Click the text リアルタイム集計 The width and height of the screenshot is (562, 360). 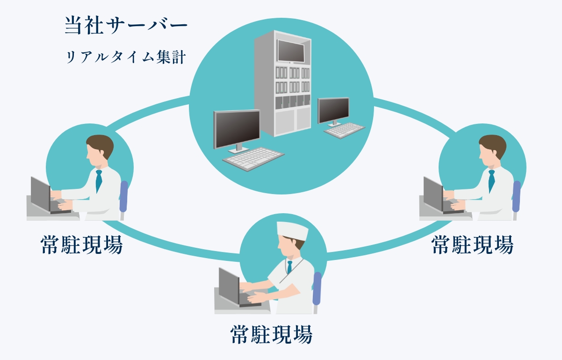pyautogui.click(x=126, y=58)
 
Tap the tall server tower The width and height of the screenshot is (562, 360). pyautogui.click(x=282, y=84)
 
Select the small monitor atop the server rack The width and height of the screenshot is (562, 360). pyautogui.click(x=291, y=51)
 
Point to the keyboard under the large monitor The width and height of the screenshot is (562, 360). pyautogui.click(x=253, y=158)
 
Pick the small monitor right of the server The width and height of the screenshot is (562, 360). pyautogui.click(x=333, y=110)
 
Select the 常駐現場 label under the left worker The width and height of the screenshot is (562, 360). pyautogui.click(x=82, y=245)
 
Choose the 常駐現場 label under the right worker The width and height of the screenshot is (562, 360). pyautogui.click(x=472, y=245)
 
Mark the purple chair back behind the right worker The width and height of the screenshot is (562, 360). pyautogui.click(x=516, y=196)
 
